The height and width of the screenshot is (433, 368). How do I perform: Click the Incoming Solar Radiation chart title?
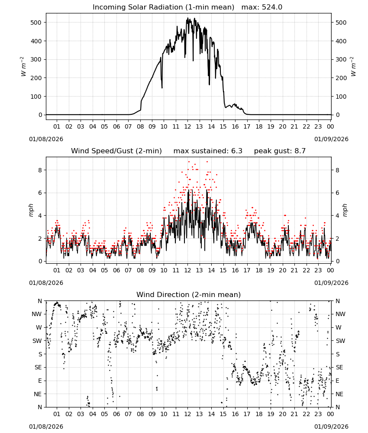pos(163,7)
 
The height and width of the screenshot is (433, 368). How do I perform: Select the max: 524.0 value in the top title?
pos(262,7)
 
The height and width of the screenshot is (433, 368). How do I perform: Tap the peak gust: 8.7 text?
pos(280,151)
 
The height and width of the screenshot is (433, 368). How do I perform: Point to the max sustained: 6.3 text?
pos(208,151)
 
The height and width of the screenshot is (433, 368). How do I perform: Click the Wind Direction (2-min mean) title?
pos(189,294)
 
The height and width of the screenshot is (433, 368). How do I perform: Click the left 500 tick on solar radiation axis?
pos(36,23)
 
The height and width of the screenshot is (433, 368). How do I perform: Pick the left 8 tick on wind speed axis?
pos(40,170)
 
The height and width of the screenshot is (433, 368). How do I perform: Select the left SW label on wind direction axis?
pos(37,341)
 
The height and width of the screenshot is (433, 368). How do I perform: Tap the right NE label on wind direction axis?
pos(339,394)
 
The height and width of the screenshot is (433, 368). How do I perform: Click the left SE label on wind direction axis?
pos(38,368)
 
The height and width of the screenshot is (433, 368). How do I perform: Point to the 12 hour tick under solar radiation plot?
pos(188,126)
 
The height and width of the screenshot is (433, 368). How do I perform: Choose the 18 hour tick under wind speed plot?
pos(259,270)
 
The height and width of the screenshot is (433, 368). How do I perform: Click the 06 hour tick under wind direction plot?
pos(116,414)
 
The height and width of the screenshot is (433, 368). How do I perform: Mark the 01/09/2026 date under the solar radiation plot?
pos(331,139)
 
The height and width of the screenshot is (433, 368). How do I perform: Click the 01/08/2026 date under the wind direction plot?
pos(46,427)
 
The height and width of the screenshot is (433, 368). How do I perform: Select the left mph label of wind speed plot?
pos(31,210)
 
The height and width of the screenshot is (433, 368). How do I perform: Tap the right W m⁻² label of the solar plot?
pos(353,67)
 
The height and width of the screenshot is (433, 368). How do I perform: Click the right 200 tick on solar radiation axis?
pos(341,78)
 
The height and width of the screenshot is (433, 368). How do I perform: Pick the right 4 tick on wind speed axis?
pos(337,216)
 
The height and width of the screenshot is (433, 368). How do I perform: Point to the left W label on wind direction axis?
pos(39,328)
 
